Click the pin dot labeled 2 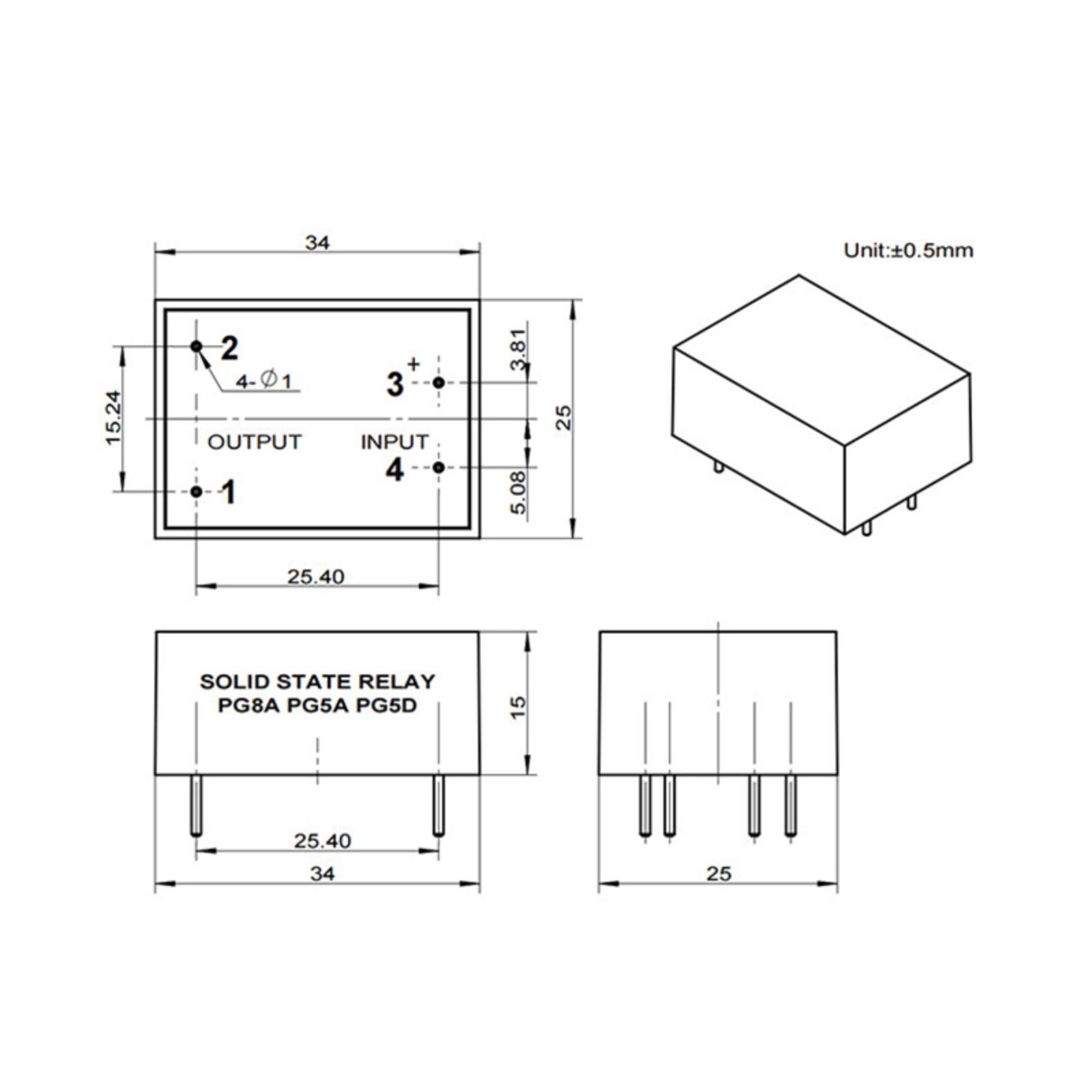pos(197,347)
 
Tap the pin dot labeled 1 pos(197,491)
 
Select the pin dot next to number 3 pos(439,383)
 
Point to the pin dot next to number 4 pos(439,468)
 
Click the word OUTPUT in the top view pos(255,442)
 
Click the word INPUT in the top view pos(394,442)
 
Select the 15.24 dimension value pos(113,418)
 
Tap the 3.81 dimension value pos(519,349)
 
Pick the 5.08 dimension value pos(519,493)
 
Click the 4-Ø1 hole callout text pos(263,381)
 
